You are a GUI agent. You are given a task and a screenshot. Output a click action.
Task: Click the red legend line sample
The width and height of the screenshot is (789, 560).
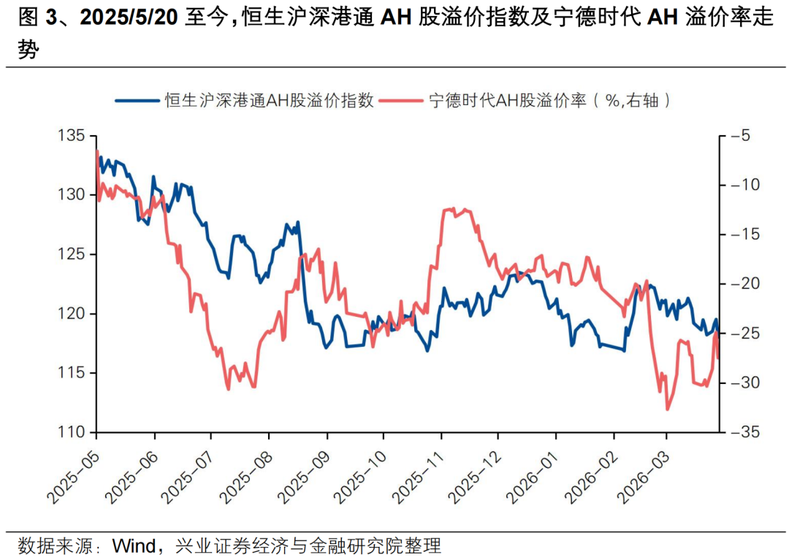click(x=402, y=101)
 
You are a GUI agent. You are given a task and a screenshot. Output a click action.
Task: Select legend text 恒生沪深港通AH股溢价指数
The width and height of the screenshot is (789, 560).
click(x=270, y=101)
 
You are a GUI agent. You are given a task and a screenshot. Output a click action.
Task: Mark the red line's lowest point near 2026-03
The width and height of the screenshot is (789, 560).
click(x=667, y=410)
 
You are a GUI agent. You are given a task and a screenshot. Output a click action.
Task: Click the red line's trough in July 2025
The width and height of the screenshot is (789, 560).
click(x=228, y=388)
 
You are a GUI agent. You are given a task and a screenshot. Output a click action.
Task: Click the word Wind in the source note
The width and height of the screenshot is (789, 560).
click(x=134, y=545)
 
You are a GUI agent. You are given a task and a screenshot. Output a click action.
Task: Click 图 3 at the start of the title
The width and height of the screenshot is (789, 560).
click(x=29, y=19)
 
